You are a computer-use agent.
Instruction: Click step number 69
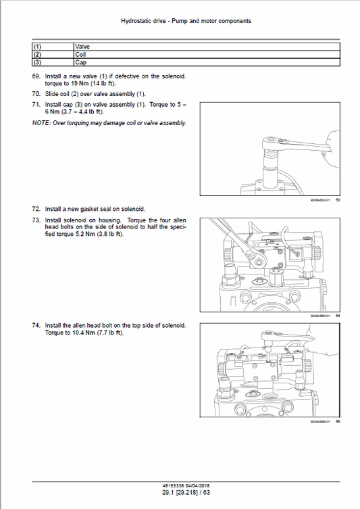(36, 77)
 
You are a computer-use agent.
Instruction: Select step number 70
(36, 93)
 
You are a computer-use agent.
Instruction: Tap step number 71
(36, 105)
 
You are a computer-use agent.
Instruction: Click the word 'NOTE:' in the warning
(42, 123)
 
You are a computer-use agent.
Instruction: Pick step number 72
(36, 209)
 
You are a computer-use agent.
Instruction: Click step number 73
(36, 221)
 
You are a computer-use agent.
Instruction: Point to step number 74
(36, 325)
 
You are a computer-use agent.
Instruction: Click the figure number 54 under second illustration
(337, 315)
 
